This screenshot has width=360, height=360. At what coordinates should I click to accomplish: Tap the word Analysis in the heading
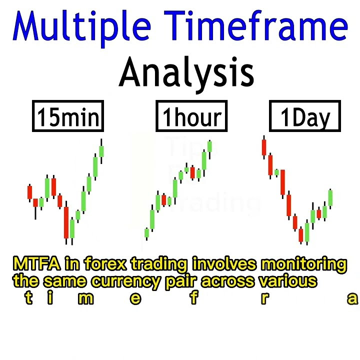186,72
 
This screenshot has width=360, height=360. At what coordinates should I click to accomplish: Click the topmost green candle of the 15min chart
101,150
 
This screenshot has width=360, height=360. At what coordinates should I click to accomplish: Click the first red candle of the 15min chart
29,192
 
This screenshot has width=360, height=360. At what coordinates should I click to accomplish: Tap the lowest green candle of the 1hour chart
147,233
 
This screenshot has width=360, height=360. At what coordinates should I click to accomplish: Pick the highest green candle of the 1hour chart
210,146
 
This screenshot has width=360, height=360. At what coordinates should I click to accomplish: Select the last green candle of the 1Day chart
330,197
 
